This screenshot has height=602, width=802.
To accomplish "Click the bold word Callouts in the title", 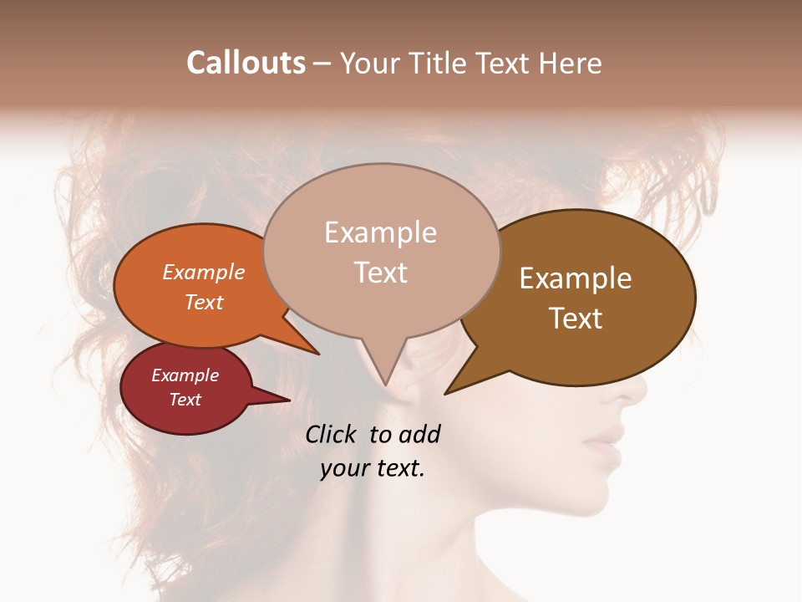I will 246,63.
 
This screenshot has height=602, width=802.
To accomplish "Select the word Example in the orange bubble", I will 203,272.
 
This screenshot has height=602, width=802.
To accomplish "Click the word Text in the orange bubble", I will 203,302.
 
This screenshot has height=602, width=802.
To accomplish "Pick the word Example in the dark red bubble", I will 185,375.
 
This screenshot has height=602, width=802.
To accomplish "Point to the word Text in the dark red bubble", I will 185,400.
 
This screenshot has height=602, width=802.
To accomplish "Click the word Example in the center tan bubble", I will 380,232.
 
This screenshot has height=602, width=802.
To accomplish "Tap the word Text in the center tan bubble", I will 380,273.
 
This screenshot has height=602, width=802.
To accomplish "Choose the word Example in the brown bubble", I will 576,278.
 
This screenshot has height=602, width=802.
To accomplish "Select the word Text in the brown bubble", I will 576,318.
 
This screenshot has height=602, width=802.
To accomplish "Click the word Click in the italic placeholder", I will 333,434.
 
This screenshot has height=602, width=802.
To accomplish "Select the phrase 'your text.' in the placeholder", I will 373,468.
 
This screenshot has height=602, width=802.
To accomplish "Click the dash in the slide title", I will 323,64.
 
